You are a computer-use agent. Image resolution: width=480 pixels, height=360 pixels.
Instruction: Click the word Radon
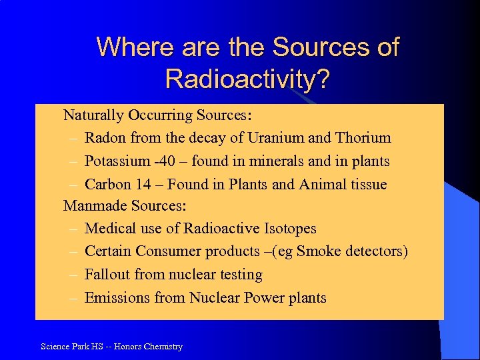click(x=106, y=138)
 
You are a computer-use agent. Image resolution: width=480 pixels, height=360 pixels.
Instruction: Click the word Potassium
click(x=118, y=161)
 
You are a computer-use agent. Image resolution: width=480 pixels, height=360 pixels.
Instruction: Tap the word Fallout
click(x=108, y=275)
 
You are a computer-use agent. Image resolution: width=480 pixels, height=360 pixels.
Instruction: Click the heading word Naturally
click(x=93, y=115)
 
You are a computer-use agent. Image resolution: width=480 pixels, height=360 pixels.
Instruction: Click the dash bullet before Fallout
click(x=73, y=275)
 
